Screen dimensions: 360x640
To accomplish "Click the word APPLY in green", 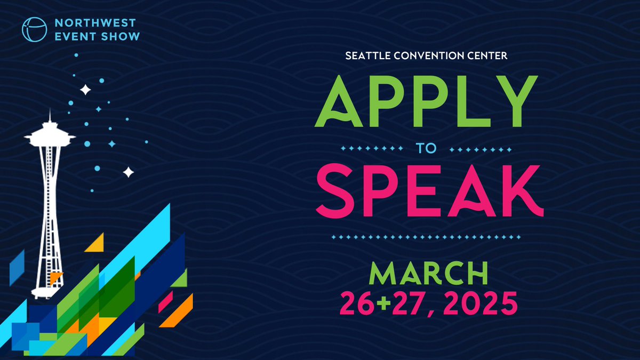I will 426,101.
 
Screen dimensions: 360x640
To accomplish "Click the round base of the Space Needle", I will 45,291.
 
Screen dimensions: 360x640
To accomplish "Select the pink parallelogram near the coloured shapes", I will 165,301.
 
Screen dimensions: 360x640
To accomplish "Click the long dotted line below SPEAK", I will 425,236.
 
